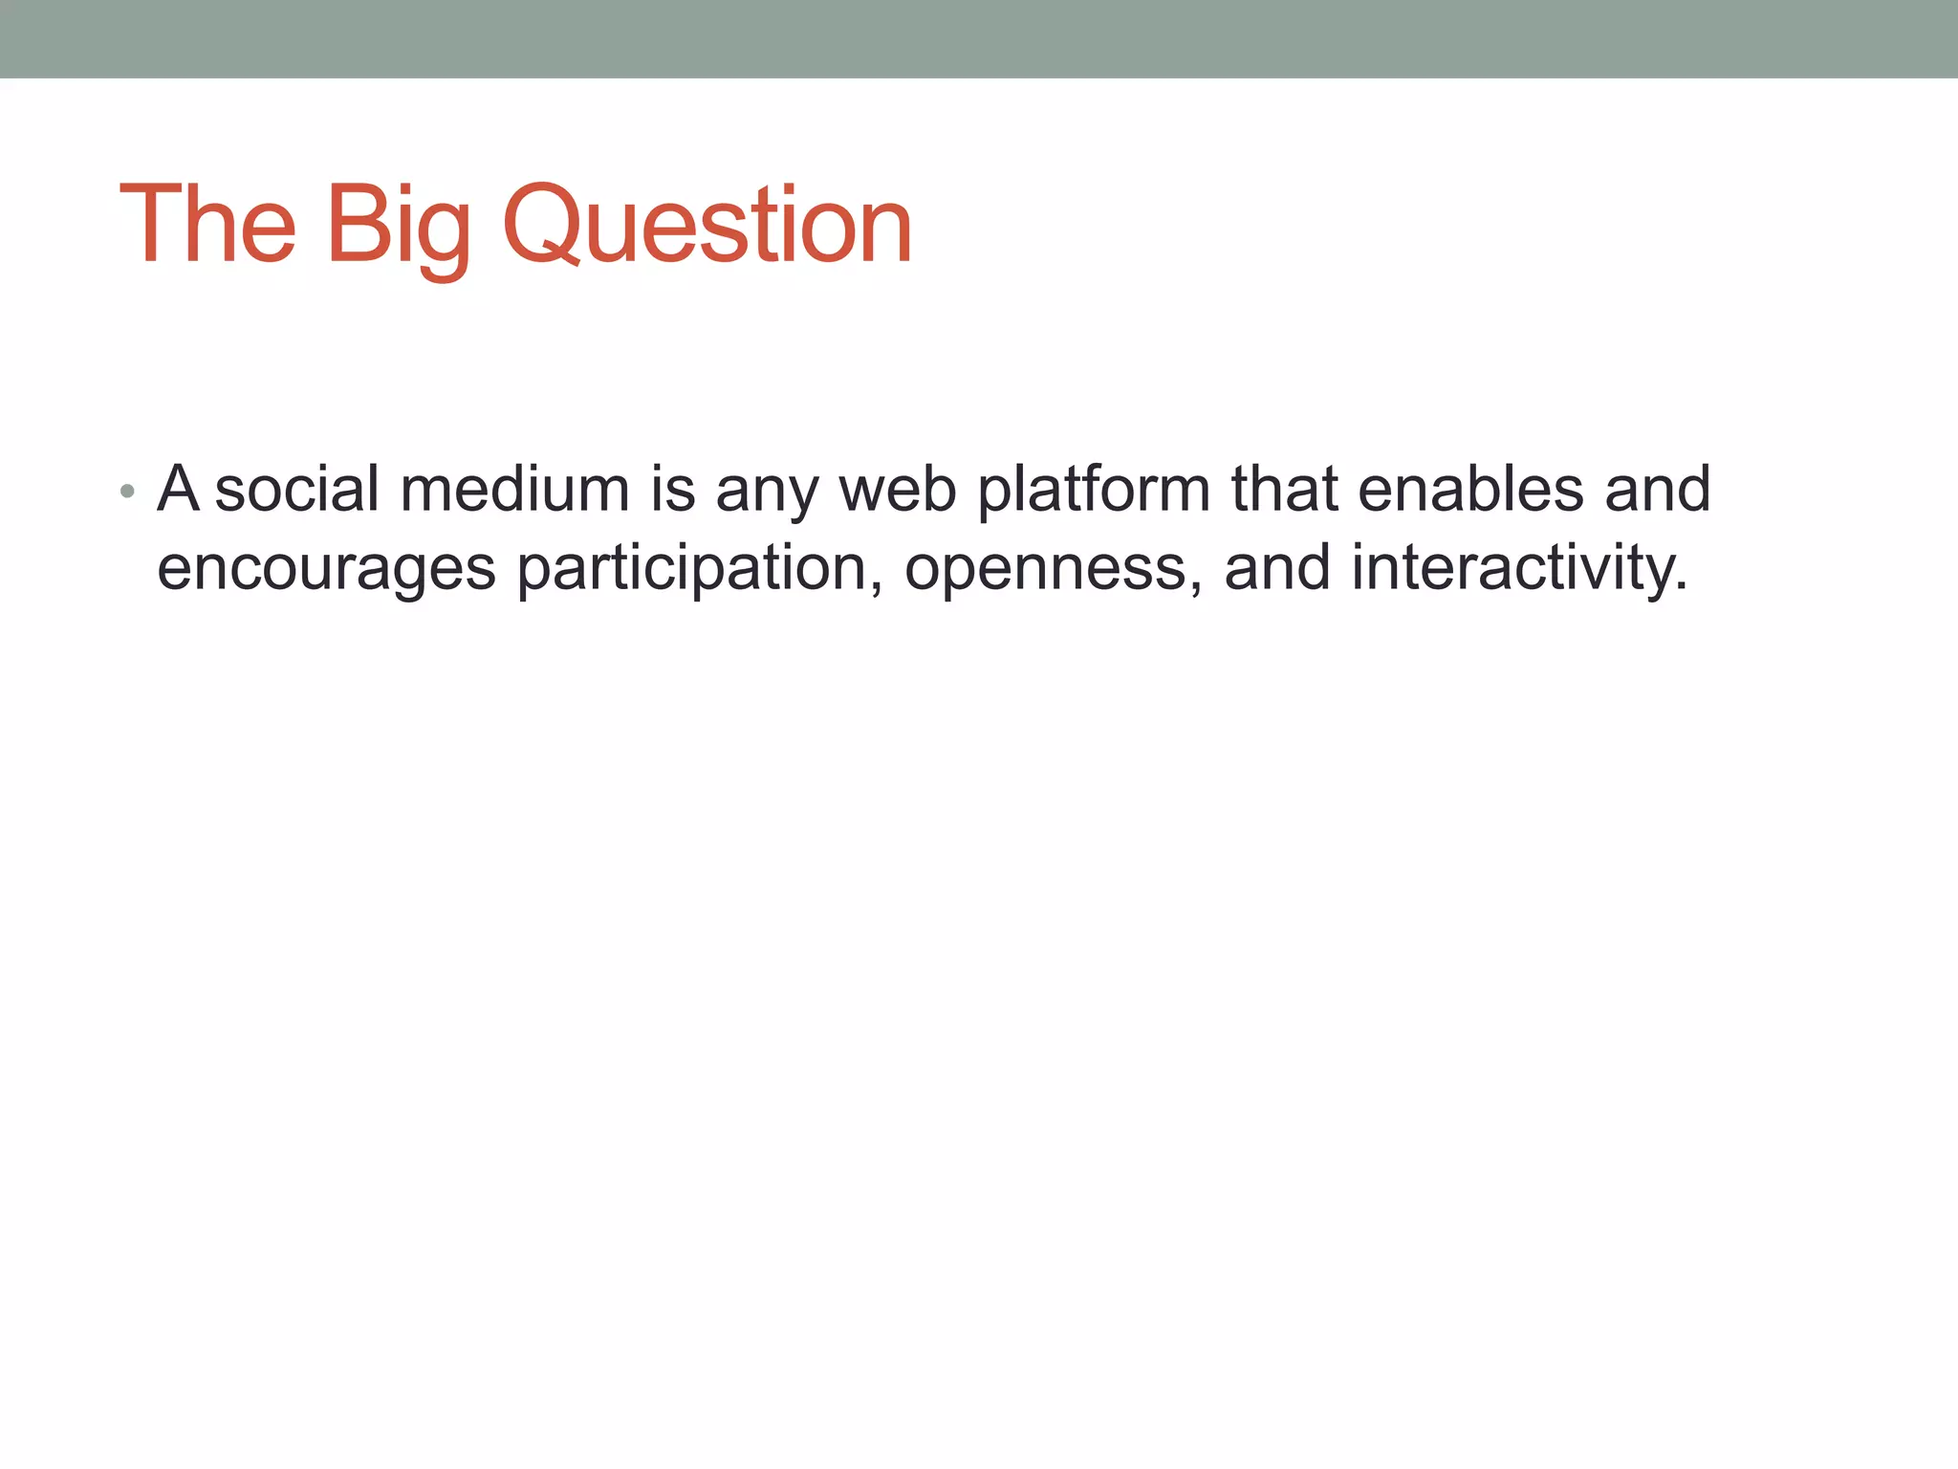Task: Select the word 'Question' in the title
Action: [707, 227]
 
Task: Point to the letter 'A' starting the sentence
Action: [178, 489]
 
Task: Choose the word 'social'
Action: [297, 489]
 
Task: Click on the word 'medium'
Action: [514, 489]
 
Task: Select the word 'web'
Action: [898, 489]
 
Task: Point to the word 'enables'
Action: [1470, 489]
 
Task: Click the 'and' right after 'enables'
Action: [1657, 489]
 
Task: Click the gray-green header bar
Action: [979, 38]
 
